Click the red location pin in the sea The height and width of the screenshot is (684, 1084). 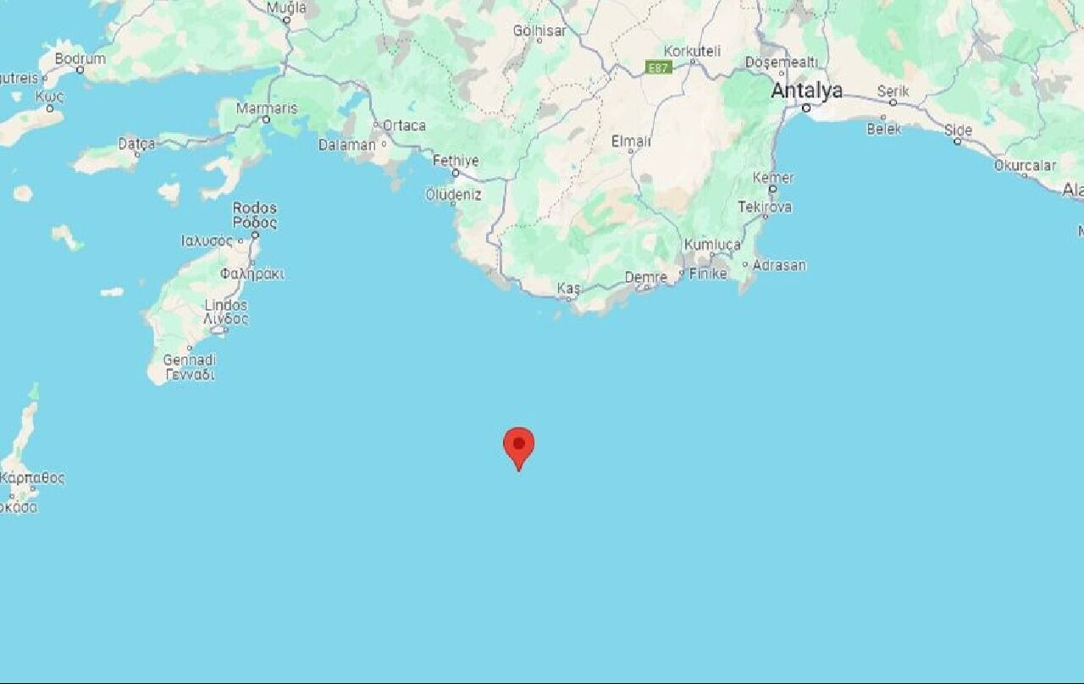[x=518, y=444]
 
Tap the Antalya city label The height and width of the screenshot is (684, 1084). [x=806, y=91]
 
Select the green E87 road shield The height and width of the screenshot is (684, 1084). [x=658, y=67]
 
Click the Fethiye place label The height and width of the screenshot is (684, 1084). [x=456, y=160]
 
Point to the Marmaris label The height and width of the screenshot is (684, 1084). [x=267, y=108]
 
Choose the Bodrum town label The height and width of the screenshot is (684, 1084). [x=80, y=58]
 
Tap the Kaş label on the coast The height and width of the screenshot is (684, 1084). [x=568, y=289]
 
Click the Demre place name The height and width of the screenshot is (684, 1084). [x=646, y=277]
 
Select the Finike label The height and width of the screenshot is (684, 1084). [x=707, y=273]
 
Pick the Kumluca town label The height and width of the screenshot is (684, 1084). [x=711, y=245]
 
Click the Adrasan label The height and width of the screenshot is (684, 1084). [x=779, y=265]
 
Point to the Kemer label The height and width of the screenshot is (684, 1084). [x=773, y=178]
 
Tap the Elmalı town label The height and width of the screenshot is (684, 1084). [x=631, y=141]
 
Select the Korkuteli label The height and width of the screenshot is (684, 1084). [x=692, y=51]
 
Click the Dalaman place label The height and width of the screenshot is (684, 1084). [x=346, y=145]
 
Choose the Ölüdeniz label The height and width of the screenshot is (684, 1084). [x=453, y=195]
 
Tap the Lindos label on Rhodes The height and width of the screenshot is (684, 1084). [x=226, y=305]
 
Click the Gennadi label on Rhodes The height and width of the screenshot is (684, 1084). [x=189, y=360]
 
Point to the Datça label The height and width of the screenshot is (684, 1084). [x=136, y=144]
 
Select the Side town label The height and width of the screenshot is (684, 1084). [x=958, y=130]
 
